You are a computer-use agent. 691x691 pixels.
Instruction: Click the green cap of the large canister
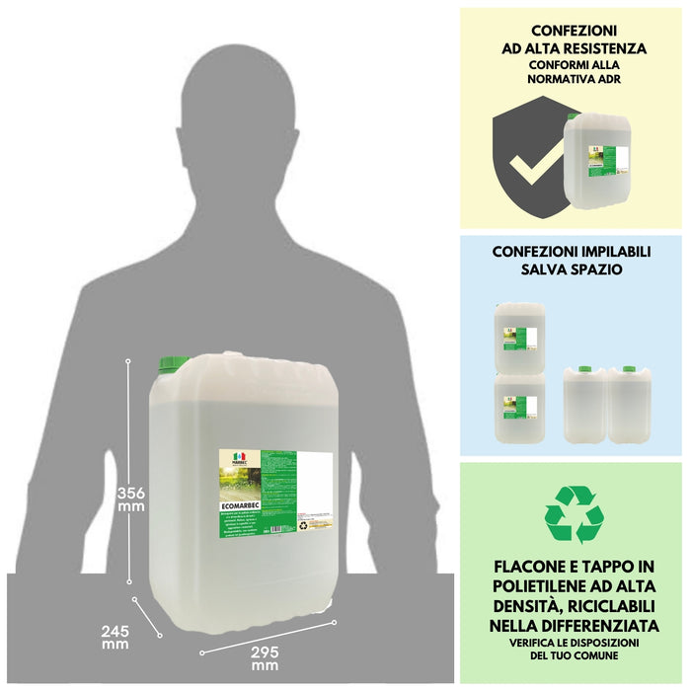point(179,362)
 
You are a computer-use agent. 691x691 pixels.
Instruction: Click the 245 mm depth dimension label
point(115,637)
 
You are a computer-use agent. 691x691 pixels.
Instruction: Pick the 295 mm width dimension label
point(264,657)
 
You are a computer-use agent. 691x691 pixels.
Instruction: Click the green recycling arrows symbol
point(573,514)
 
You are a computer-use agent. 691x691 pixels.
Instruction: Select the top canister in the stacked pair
point(520,337)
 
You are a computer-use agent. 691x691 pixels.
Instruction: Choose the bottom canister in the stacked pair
point(520,406)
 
